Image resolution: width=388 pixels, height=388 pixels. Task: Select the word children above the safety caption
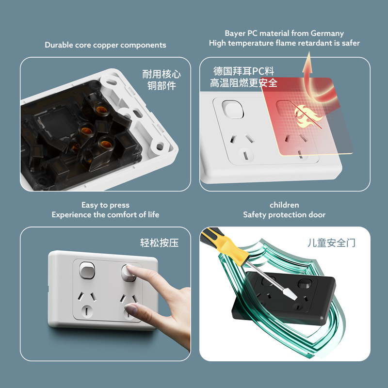(x=284, y=205)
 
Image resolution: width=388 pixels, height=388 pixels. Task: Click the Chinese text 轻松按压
(x=160, y=243)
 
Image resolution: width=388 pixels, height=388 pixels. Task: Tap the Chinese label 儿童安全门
(x=331, y=243)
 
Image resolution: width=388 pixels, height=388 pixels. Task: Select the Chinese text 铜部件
(x=162, y=86)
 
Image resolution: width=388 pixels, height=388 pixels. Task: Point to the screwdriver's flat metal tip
(x=291, y=295)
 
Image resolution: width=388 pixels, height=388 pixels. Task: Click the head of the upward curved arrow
(x=308, y=63)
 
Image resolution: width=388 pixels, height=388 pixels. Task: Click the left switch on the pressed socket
(x=87, y=270)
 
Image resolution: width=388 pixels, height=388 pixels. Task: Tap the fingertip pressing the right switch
(x=129, y=268)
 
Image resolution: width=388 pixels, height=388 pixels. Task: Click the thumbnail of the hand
(x=130, y=308)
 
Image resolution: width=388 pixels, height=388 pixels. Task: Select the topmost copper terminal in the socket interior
(x=102, y=110)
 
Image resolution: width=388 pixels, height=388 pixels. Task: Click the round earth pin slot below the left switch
(x=87, y=311)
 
